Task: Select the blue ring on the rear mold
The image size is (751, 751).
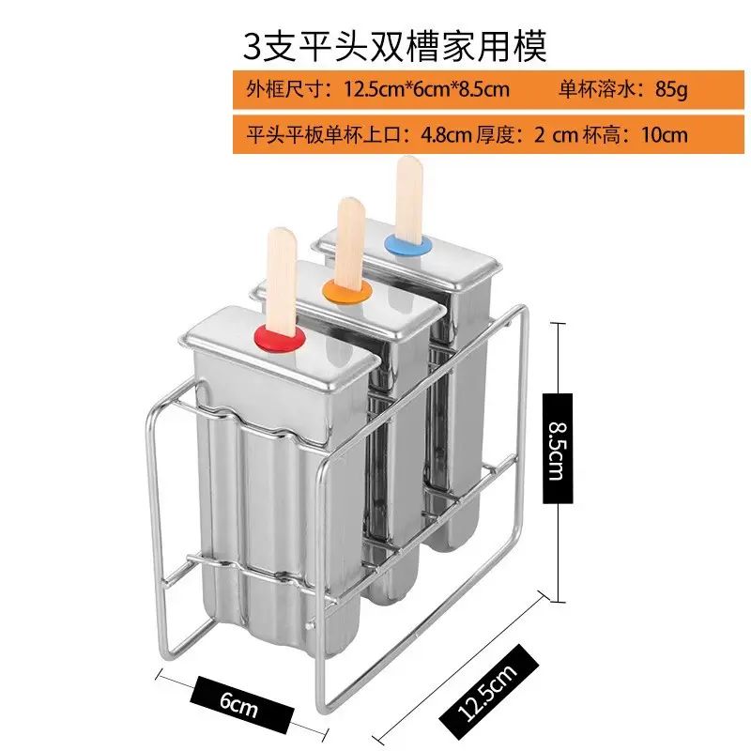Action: (x=405, y=245)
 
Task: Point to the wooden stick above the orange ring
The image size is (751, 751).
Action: (x=349, y=239)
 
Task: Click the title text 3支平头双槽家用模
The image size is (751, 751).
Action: (x=395, y=45)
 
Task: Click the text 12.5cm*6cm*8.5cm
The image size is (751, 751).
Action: (x=426, y=90)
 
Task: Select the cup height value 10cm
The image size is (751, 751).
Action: (x=664, y=134)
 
